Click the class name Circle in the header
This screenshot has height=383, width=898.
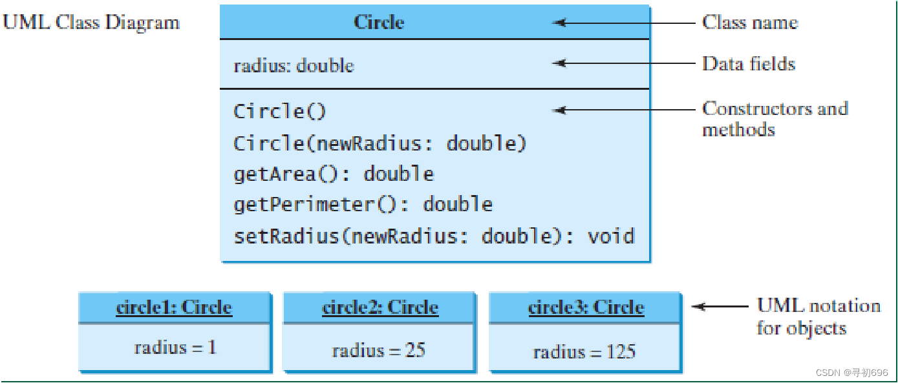[379, 22]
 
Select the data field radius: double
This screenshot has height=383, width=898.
[294, 65]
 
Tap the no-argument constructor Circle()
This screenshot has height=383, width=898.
[279, 111]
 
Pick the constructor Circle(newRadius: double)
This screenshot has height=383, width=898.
[380, 143]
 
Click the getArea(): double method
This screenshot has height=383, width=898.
[334, 174]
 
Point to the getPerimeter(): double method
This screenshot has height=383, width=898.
[363, 205]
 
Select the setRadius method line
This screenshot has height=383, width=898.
[434, 236]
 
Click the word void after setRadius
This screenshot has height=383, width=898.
[611, 236]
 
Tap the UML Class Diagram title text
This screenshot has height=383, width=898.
[91, 23]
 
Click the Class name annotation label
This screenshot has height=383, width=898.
[750, 23]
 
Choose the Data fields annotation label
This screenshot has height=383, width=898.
[749, 64]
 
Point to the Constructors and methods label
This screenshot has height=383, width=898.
[775, 119]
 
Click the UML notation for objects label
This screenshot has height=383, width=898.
[818, 316]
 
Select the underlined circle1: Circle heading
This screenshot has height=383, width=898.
[174, 307]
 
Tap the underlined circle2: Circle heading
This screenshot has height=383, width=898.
[380, 307]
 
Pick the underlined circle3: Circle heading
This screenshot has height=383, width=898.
[586, 307]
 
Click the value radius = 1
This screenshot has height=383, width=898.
[175, 347]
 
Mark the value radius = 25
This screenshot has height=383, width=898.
[378, 351]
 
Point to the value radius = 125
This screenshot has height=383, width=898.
[584, 352]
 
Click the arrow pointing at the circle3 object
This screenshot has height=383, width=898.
[720, 307]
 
